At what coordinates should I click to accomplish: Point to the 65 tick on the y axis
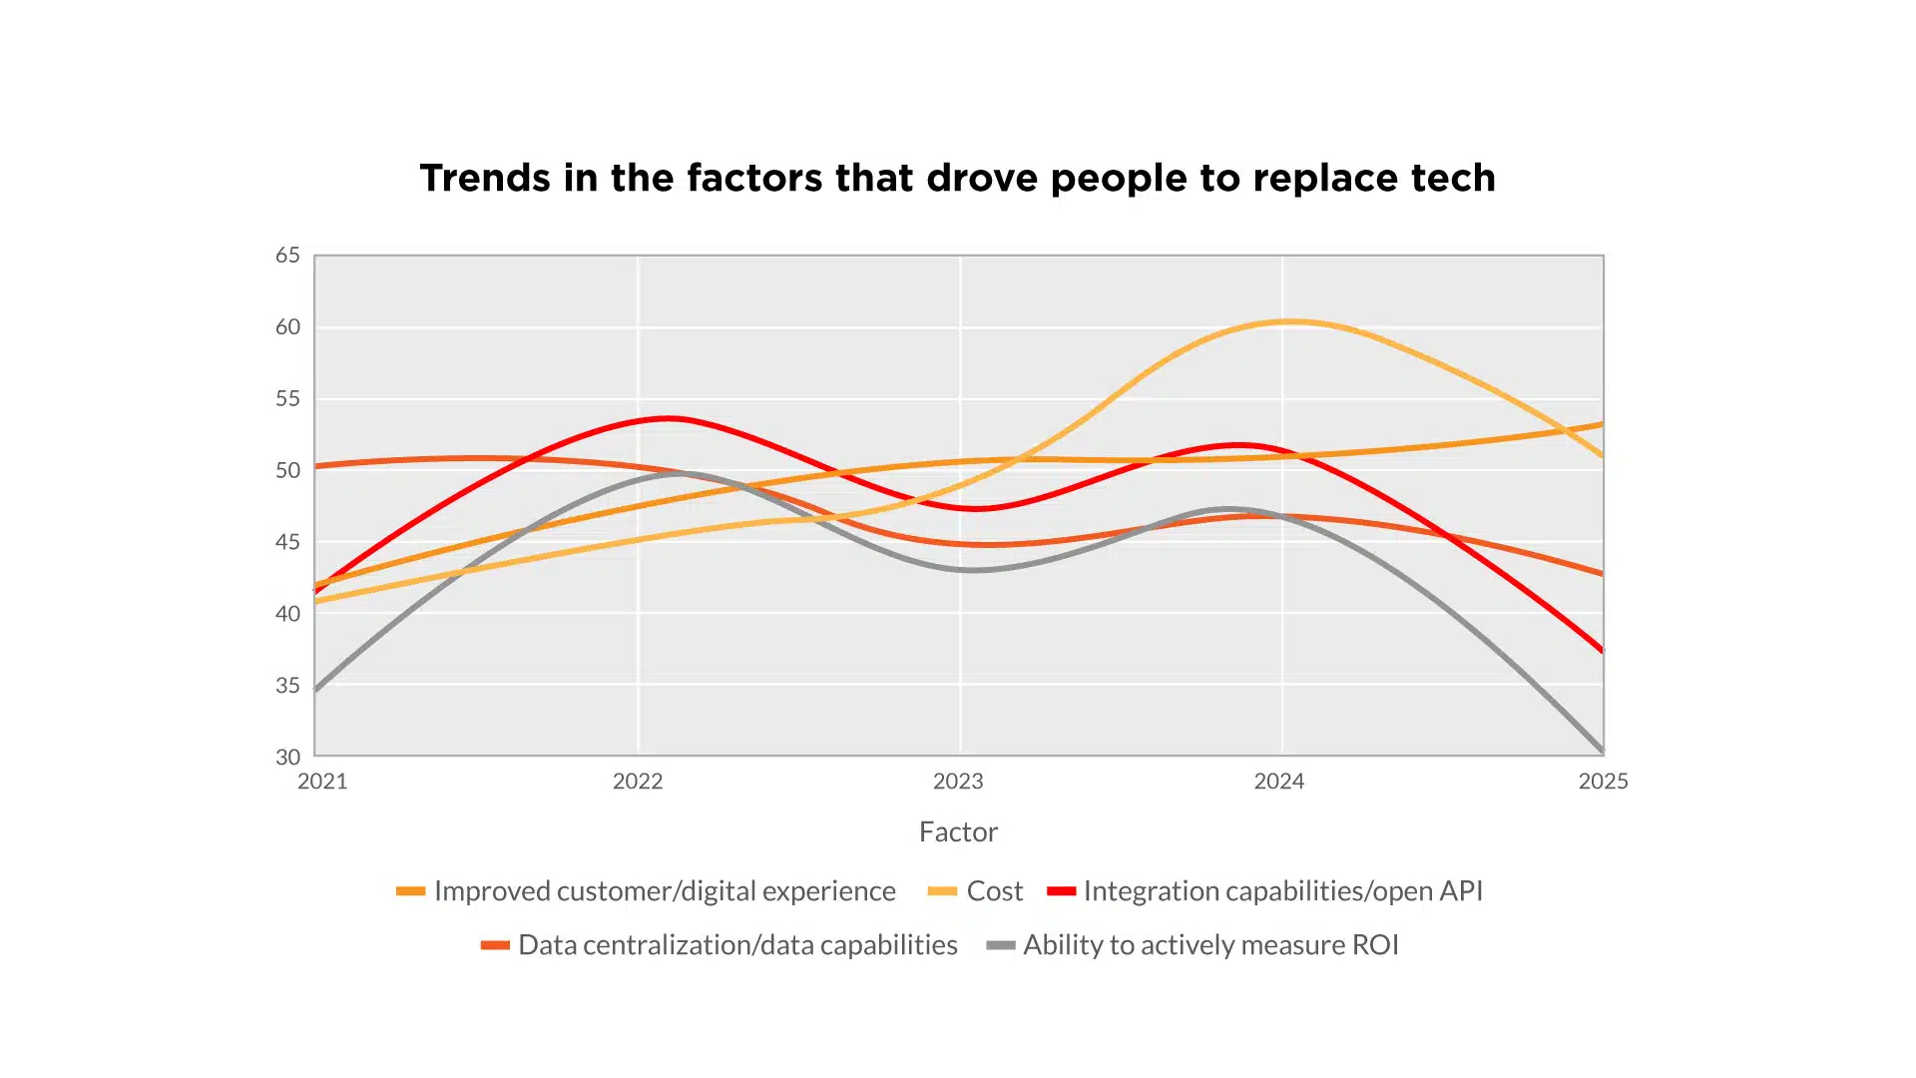(287, 256)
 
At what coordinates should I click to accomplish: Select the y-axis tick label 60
(287, 327)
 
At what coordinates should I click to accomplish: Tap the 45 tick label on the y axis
(287, 542)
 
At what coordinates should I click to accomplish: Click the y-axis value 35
(287, 686)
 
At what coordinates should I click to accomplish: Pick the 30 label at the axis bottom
(287, 757)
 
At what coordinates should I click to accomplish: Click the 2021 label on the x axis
(322, 782)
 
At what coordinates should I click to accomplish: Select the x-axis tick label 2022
(638, 782)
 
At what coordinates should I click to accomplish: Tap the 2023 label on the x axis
(958, 782)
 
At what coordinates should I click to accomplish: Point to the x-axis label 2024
(1279, 782)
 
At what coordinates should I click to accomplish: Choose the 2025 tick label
(1603, 782)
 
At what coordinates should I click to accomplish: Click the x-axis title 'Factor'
(958, 831)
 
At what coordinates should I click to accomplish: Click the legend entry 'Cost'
(995, 891)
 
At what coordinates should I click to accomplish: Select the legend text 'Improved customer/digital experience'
(665, 891)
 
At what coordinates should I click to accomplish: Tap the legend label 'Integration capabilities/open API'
(1283, 891)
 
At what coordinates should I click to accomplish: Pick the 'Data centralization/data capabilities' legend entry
(737, 945)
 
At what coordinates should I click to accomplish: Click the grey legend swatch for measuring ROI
(1001, 945)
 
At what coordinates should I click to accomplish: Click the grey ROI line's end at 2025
(1602, 750)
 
